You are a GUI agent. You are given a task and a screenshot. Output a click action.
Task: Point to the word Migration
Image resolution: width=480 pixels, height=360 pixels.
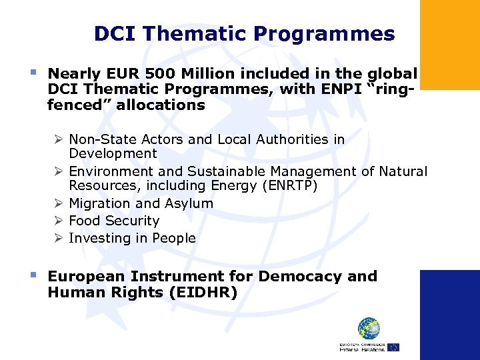click(x=100, y=203)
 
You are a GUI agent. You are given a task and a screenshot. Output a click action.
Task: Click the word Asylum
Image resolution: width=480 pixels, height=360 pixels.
click(x=189, y=203)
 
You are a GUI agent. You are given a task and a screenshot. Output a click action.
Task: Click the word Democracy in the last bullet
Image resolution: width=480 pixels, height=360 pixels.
click(x=303, y=276)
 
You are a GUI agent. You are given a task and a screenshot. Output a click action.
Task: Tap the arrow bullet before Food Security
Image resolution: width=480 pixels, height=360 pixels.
click(x=59, y=221)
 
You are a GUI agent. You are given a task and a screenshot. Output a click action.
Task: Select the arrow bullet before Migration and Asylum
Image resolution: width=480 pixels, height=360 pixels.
click(x=59, y=203)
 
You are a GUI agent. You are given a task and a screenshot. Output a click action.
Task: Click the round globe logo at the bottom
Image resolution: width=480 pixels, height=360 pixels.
click(x=369, y=329)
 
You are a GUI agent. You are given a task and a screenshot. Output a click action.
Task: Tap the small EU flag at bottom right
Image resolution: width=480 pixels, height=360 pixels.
click(x=393, y=347)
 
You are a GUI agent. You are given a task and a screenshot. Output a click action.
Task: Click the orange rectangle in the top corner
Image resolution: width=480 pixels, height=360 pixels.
click(x=449, y=44)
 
